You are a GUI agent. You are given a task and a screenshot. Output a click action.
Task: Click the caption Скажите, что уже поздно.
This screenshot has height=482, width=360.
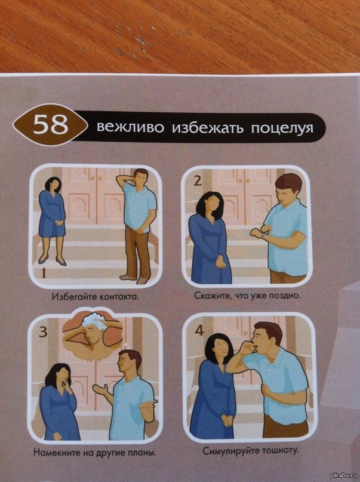(247, 296)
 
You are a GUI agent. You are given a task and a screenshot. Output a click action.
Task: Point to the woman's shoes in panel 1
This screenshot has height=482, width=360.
(51, 260)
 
